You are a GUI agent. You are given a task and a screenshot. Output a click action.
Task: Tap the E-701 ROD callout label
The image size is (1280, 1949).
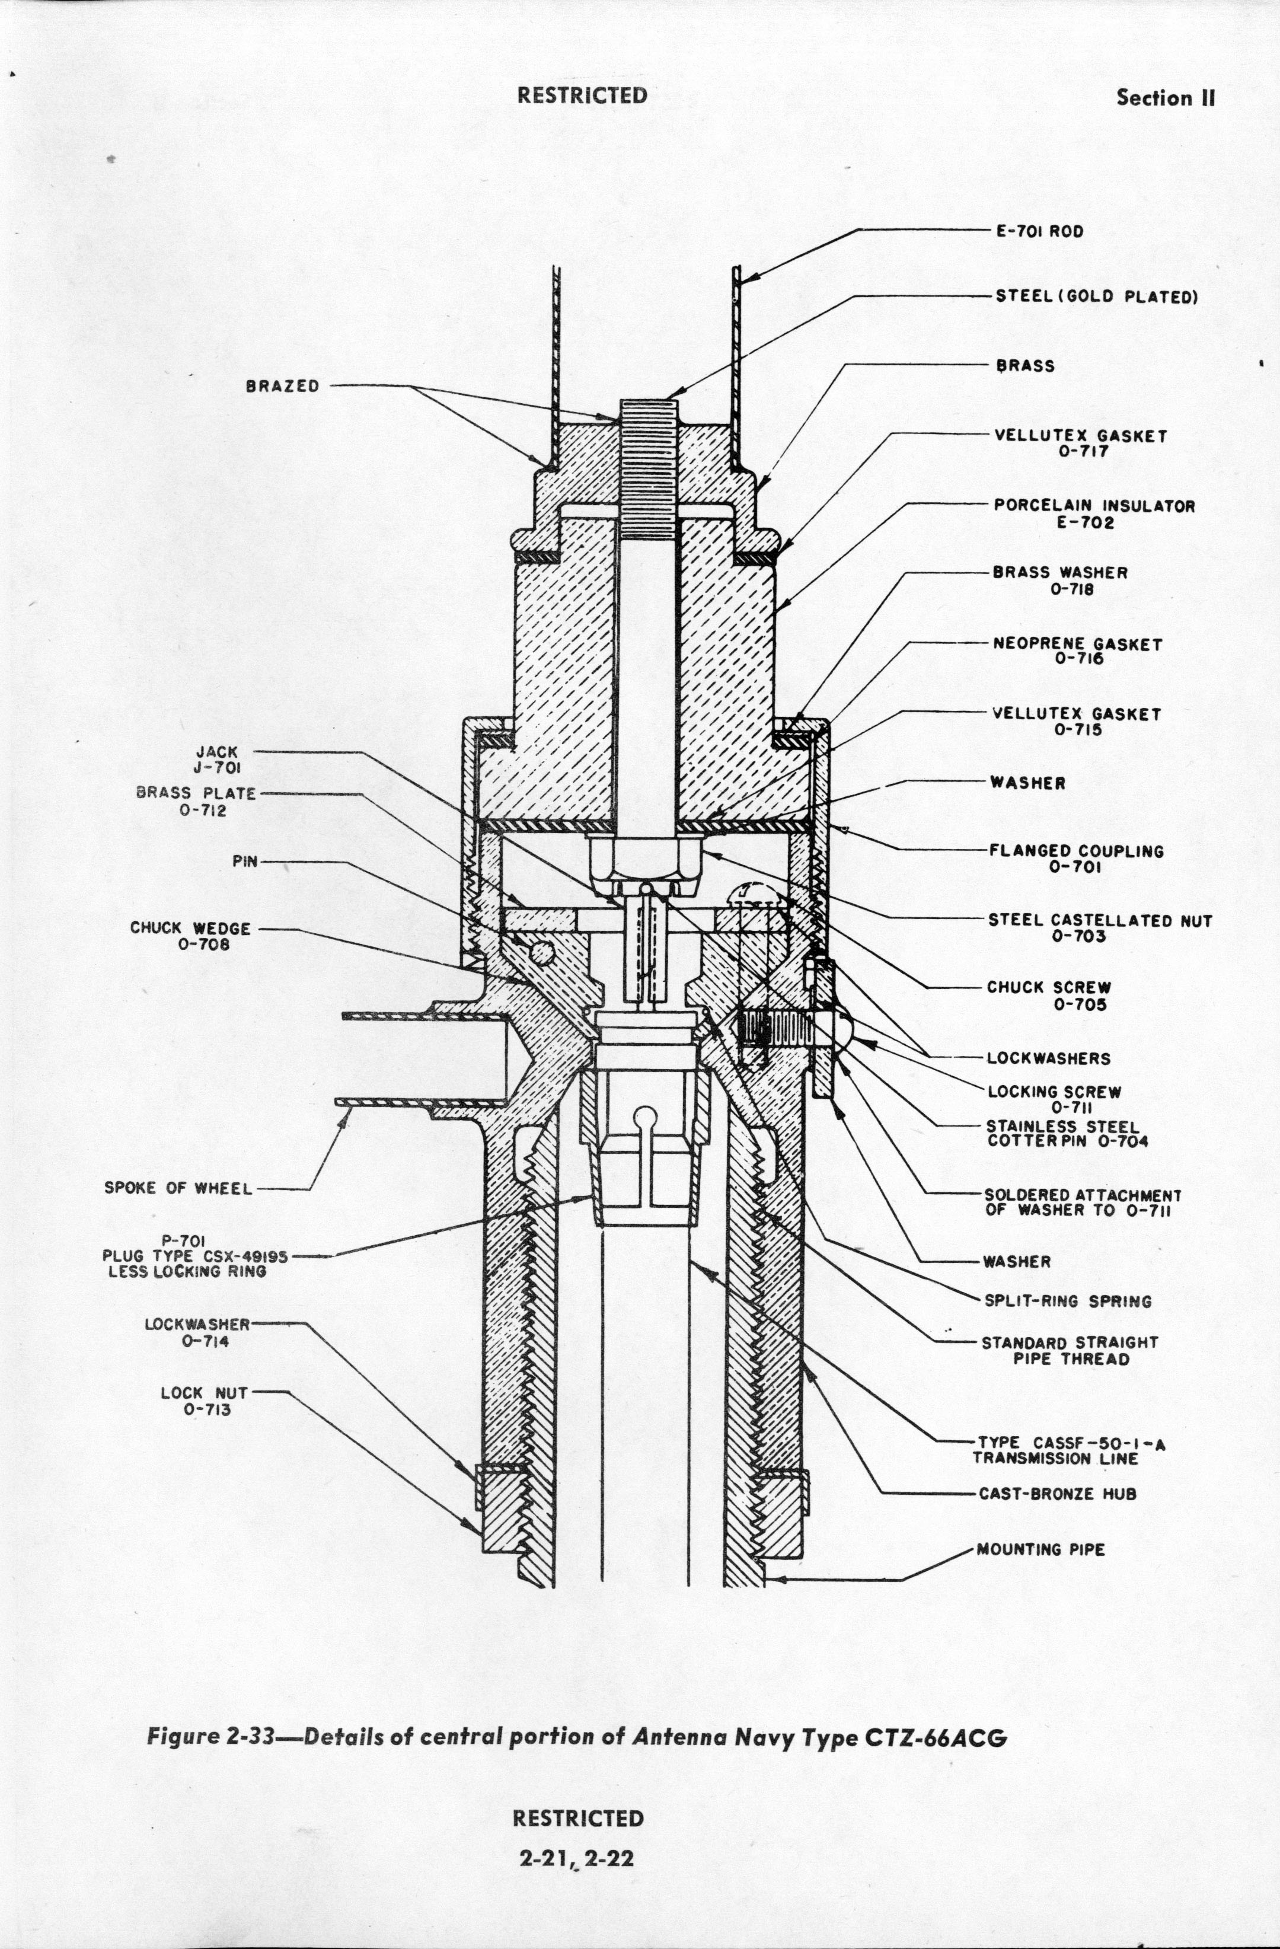point(1039,232)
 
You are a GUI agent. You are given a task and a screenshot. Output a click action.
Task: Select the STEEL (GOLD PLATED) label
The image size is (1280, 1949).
point(1096,296)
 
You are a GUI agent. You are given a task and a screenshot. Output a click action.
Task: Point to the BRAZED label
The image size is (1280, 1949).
point(283,387)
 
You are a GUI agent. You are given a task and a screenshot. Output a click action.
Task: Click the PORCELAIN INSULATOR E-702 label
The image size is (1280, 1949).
point(1094,514)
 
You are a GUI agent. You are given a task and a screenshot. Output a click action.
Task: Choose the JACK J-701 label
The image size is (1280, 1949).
point(216,759)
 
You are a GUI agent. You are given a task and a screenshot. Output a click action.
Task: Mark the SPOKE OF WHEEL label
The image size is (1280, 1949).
point(178,1188)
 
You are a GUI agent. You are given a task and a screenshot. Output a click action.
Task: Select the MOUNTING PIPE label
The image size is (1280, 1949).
point(1040,1549)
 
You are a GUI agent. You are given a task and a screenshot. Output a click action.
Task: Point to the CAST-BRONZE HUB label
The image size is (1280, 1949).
point(1057,1494)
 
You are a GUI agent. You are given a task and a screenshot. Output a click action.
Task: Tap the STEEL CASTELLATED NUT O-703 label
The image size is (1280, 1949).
point(1099,928)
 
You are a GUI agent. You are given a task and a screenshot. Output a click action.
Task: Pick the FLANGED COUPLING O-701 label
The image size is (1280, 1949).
point(1076,858)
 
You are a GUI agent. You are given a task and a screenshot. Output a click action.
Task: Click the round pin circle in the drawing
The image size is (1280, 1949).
point(541,952)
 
